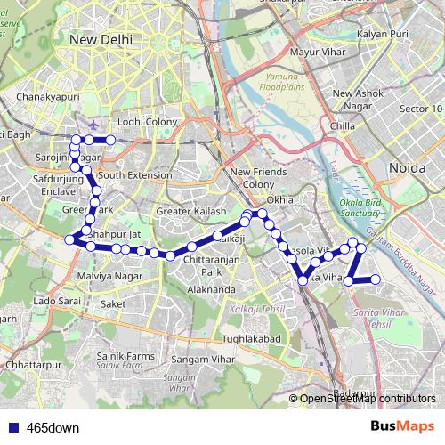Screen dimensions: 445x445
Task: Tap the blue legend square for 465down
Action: [13, 428]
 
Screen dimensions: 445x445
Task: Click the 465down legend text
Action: [53, 428]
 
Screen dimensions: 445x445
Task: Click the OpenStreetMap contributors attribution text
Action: [366, 400]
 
